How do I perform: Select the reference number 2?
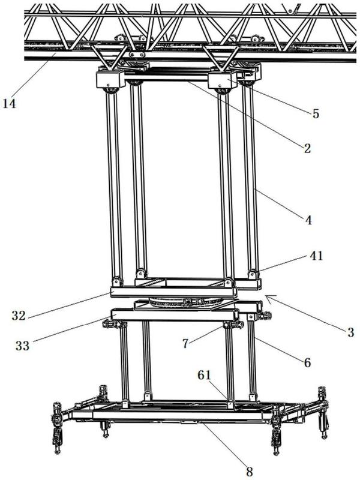(x=307, y=149)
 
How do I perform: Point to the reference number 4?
(x=308, y=220)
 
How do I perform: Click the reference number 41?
(x=316, y=256)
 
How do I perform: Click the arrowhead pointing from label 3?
(x=266, y=296)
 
